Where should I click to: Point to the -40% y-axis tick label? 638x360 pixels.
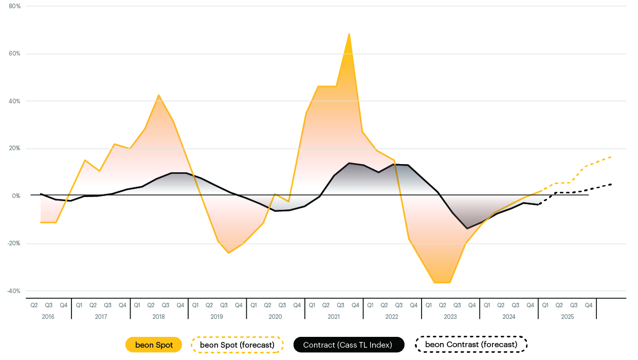click(13, 291)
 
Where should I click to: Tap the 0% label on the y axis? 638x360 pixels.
click(16, 196)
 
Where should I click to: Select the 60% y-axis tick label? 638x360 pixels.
click(15, 53)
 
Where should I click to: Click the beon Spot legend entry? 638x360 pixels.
click(154, 345)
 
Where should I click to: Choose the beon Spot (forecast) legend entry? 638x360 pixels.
click(237, 345)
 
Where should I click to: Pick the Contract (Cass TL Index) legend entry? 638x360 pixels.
click(349, 345)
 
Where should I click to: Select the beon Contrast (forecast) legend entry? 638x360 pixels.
click(471, 345)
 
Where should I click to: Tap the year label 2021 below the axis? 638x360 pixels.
click(334, 317)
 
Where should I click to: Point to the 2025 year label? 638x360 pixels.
click(568, 317)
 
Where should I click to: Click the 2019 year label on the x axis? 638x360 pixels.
click(217, 317)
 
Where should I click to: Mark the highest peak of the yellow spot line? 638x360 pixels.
click(350, 34)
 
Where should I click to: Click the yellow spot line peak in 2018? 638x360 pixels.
click(159, 95)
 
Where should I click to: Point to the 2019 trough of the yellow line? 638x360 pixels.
click(228, 253)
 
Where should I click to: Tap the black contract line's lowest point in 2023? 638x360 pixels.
click(467, 228)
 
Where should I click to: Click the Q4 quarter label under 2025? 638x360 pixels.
click(589, 305)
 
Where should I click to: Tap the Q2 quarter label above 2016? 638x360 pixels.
click(34, 305)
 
